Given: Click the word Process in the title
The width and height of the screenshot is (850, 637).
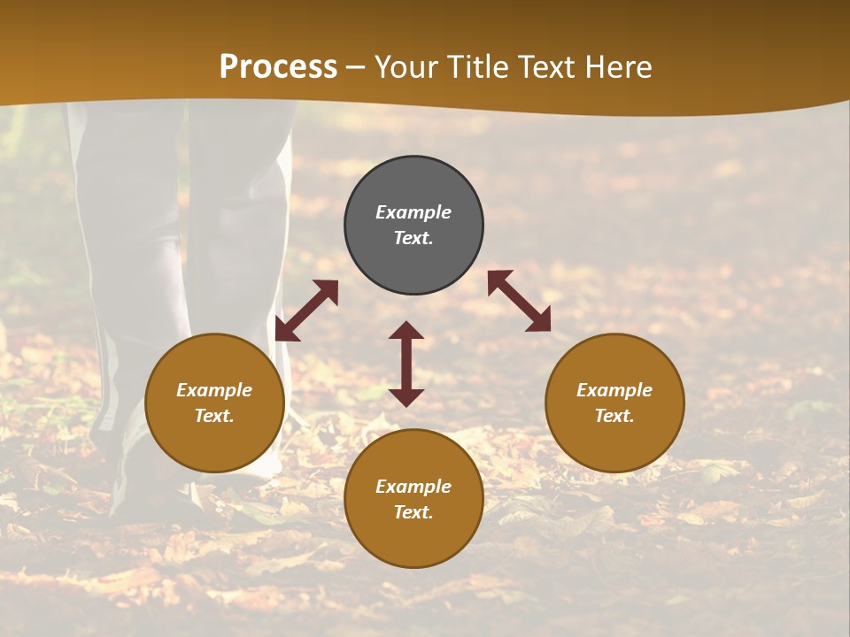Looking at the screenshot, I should point(278,67).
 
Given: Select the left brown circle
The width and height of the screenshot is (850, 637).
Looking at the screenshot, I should point(214,442).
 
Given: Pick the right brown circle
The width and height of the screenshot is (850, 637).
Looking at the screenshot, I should point(614,442).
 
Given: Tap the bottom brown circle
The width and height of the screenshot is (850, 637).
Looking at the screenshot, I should point(413,540).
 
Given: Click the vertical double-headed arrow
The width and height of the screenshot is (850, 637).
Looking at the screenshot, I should point(406,364).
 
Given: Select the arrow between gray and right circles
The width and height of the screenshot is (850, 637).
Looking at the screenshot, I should point(519,301).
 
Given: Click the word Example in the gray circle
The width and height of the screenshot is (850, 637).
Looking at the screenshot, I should point(413,212).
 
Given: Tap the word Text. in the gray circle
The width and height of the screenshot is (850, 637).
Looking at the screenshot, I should point(413,238).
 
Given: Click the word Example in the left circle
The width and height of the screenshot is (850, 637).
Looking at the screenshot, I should point(214,390).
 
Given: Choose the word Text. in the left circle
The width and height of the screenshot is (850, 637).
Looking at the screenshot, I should point(214,416).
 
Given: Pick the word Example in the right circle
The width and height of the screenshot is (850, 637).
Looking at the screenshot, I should point(614,390).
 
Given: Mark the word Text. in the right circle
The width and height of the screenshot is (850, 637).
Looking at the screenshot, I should point(614,416).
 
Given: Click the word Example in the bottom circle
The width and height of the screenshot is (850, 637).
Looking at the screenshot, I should point(413,487).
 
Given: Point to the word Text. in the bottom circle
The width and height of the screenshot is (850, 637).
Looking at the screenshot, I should point(413,512).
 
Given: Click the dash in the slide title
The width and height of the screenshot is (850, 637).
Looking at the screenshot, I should point(356,68).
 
